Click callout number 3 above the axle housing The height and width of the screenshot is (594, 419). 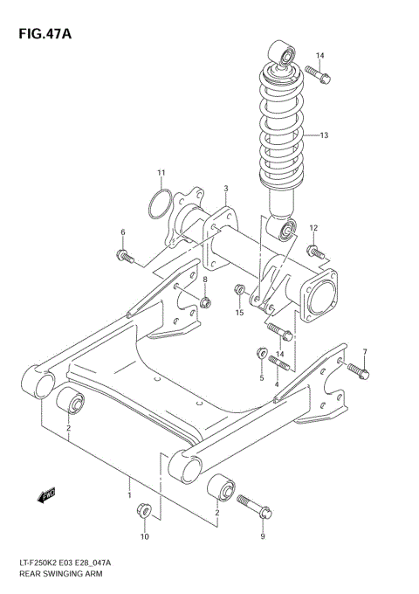click(x=225, y=189)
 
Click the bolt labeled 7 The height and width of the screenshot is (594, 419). click(x=361, y=372)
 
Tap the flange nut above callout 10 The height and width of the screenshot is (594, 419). click(x=145, y=512)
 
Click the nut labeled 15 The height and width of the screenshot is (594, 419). click(x=238, y=289)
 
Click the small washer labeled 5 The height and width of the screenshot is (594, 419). click(x=259, y=353)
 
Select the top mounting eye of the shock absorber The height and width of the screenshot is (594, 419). click(x=282, y=54)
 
